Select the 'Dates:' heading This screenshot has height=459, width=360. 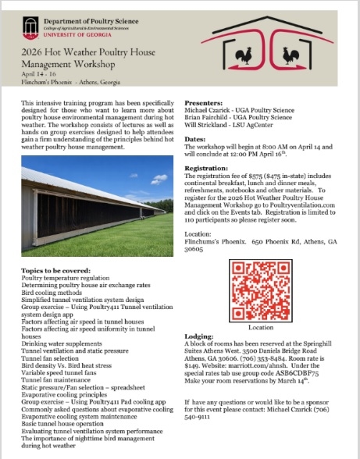(x=194, y=137)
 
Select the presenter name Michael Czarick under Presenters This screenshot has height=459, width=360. (x=205, y=112)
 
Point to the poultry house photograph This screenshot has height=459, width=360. (x=93, y=206)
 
